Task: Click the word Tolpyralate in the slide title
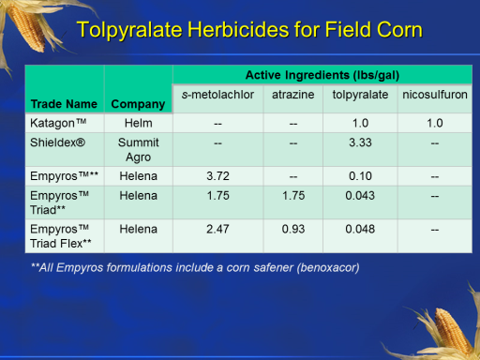click(x=129, y=30)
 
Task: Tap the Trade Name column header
click(x=64, y=104)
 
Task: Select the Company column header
click(x=138, y=104)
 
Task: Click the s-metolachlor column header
click(x=217, y=95)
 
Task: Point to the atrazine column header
click(x=293, y=95)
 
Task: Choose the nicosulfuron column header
click(x=435, y=95)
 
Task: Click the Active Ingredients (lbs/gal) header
click(x=322, y=75)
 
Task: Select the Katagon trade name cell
click(x=58, y=123)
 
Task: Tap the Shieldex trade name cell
click(x=57, y=142)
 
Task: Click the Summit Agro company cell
click(x=139, y=150)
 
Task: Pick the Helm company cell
click(x=139, y=123)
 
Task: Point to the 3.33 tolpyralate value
click(x=360, y=142)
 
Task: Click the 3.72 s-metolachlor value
click(x=217, y=176)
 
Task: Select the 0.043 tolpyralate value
click(x=360, y=196)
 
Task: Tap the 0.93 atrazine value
click(x=293, y=229)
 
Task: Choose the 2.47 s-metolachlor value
click(x=217, y=229)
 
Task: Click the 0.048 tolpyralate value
click(x=360, y=229)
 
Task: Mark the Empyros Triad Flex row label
click(x=61, y=236)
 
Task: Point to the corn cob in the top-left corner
click(x=26, y=26)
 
